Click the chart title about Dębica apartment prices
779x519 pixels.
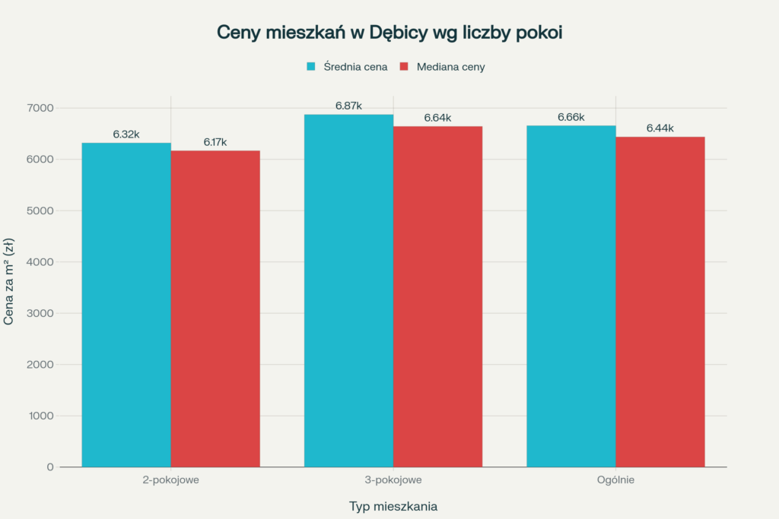click(389, 33)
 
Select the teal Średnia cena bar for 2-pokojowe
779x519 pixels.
click(126, 304)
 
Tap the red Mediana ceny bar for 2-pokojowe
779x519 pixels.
click(215, 308)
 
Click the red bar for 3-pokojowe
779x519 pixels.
click(437, 296)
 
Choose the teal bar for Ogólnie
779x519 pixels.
click(571, 296)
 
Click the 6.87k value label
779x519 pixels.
click(348, 106)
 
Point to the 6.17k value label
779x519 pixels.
click(215, 142)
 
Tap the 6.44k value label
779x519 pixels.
click(660, 128)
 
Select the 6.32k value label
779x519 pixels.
click(126, 134)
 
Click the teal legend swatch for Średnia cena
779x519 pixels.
click(310, 67)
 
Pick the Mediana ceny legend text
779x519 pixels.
click(450, 67)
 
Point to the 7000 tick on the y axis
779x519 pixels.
click(40, 108)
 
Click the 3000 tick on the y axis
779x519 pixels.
click(40, 313)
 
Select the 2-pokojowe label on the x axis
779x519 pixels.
click(170, 480)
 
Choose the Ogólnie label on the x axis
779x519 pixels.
click(615, 480)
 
